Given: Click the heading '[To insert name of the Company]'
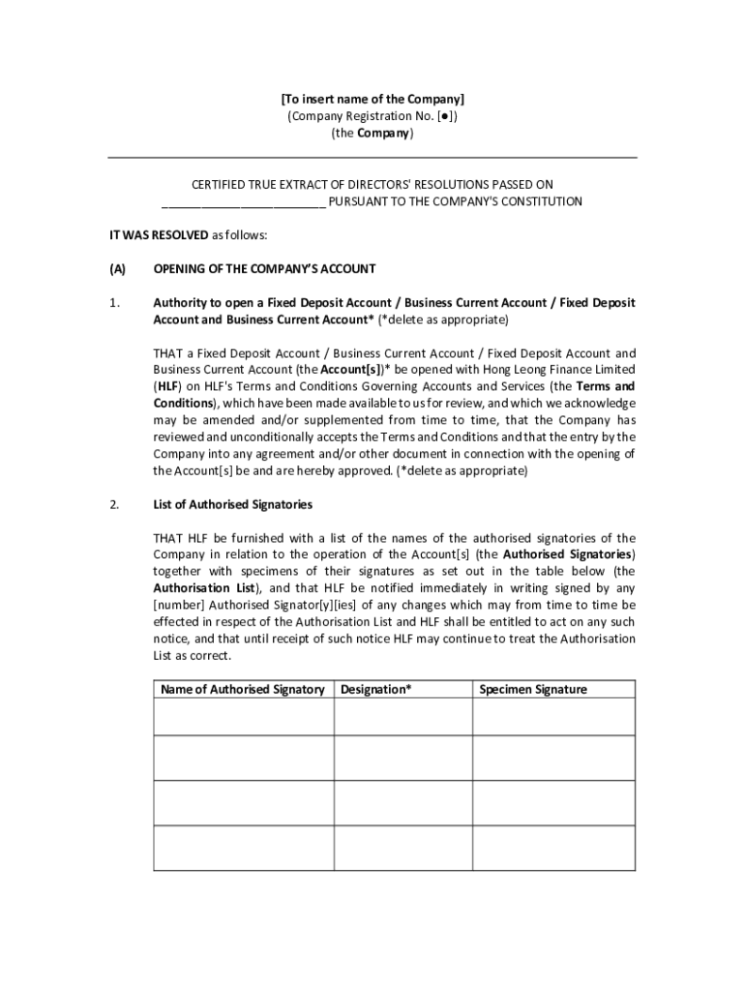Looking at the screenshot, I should (372, 99).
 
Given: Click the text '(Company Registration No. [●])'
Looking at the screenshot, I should (372, 116).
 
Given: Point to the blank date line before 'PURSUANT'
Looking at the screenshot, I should (243, 203).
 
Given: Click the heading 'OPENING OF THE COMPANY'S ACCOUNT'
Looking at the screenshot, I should (264, 269).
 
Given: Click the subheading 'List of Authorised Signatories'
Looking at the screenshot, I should (232, 504).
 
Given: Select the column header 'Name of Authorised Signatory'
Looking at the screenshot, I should (243, 689).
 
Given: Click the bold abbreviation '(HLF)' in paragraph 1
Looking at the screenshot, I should (168, 386).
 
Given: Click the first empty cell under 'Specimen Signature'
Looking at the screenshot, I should (553, 717).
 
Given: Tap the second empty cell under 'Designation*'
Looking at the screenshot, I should (402, 759).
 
